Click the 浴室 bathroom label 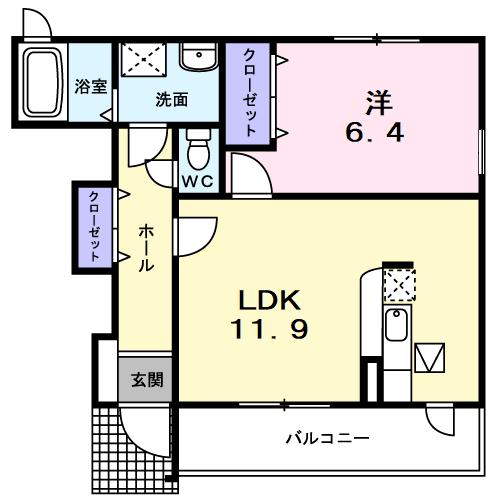pos(91,86)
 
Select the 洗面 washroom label pos(171,100)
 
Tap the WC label pos(197,183)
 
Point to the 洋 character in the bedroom pos(377,100)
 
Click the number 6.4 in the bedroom pos(376,131)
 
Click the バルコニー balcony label pos(327,438)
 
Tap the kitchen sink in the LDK pos(396,325)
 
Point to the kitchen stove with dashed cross pos(396,285)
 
